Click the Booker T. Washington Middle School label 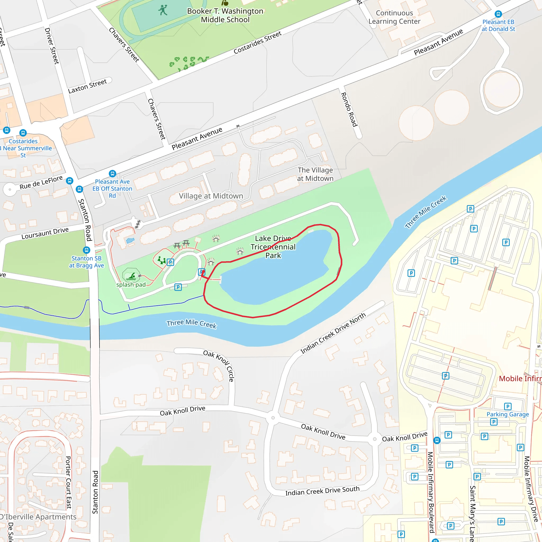[x=225, y=15]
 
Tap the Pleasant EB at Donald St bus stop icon [x=498, y=14]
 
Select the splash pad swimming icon [x=131, y=276]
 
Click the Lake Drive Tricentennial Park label [x=273, y=247]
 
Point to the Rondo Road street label [x=349, y=110]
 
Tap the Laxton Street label [x=87, y=86]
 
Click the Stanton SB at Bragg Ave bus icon [x=86, y=250]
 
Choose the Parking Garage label [x=508, y=414]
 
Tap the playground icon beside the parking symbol [x=162, y=260]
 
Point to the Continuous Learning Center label [x=394, y=17]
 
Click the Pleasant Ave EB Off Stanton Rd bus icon [x=112, y=174]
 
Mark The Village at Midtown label [x=315, y=174]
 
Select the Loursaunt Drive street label [x=45, y=233]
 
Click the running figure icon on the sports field [x=163, y=10]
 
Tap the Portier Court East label [x=69, y=482]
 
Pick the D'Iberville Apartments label [x=38, y=517]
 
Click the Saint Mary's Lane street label [x=472, y=513]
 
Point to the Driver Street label [x=52, y=46]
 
